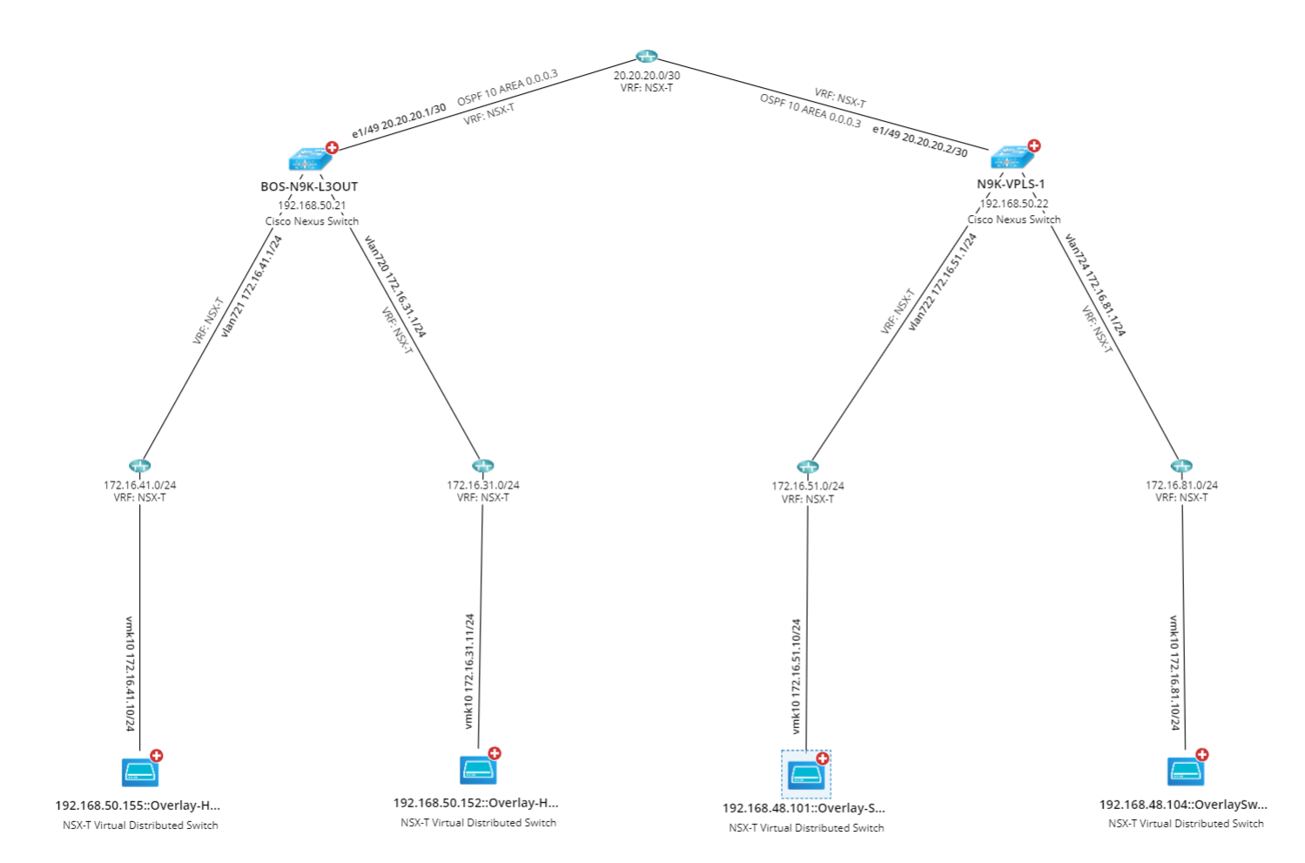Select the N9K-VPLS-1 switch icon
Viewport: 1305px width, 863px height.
1011,158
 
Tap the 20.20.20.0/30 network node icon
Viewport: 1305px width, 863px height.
646,57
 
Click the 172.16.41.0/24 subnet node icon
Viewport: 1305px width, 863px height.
139,466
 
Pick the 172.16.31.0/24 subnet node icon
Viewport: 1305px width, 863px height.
482,466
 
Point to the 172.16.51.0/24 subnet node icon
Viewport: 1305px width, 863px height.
808,468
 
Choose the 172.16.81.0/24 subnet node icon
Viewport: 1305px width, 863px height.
1181,466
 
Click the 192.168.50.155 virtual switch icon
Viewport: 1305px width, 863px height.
139,772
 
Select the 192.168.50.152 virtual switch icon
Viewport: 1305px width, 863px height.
478,770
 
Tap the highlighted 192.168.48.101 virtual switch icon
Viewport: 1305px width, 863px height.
805,774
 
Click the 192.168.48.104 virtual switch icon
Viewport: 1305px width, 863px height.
1185,772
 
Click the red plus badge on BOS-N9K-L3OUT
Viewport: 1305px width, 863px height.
332,147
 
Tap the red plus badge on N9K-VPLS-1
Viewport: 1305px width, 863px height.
1034,145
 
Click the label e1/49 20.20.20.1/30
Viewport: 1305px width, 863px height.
399,121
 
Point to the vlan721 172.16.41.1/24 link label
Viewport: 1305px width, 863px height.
252,286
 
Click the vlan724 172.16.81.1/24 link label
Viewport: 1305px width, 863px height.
1095,285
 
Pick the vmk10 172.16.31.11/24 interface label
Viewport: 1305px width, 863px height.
469,671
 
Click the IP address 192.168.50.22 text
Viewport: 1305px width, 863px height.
1014,204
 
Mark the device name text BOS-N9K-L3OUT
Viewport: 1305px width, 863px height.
309,186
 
